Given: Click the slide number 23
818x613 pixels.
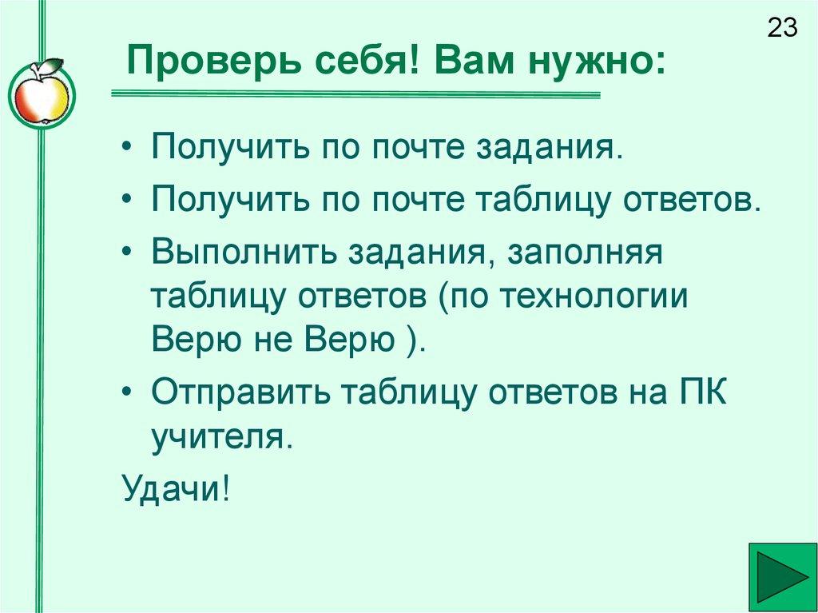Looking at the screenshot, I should click(x=783, y=29).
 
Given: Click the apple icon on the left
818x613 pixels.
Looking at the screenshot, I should click(x=39, y=95).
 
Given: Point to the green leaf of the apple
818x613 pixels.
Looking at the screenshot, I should click(x=50, y=65).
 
